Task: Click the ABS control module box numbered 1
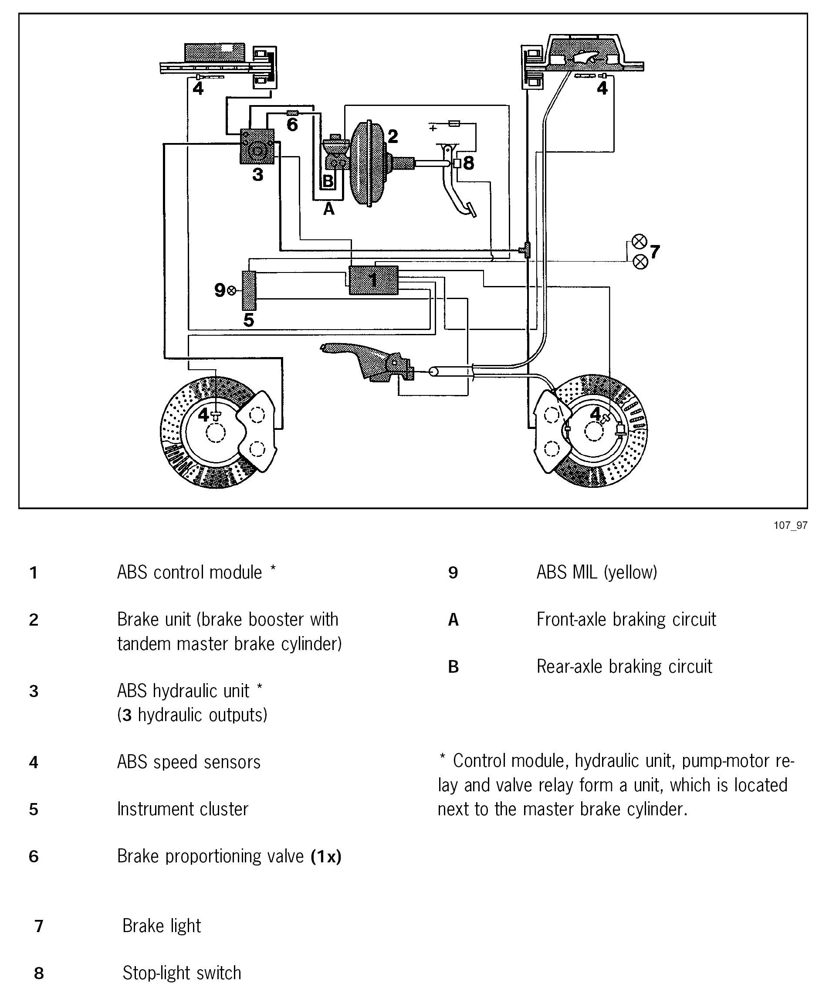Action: pos(373,280)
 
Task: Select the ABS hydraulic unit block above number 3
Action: pos(257,147)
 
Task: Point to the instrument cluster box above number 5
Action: pos(249,290)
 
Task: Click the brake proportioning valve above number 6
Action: pos(292,113)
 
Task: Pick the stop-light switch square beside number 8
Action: pos(456,163)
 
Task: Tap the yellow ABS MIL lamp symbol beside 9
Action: pos(232,290)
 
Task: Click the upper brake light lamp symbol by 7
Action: pos(639,242)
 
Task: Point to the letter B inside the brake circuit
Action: pos(328,181)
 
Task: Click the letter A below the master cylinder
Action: pos(329,208)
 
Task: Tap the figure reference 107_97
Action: pos(790,525)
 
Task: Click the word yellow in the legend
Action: pos(630,572)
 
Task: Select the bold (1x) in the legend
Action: pos(325,856)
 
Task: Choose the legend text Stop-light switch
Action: pos(182,973)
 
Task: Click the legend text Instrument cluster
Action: pos(183,809)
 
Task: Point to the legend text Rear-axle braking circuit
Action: pos(624,666)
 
